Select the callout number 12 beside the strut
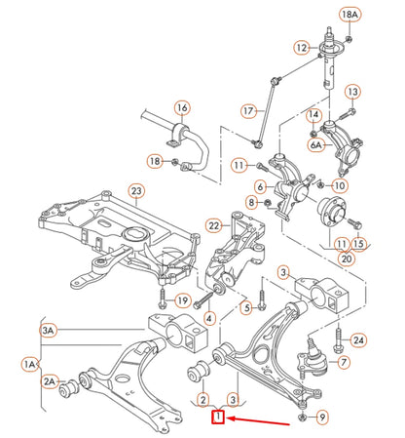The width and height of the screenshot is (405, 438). tap(302, 47)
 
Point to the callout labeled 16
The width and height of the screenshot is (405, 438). tap(181, 107)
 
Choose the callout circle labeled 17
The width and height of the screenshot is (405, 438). tap(247, 110)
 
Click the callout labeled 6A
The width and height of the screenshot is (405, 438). tap(315, 144)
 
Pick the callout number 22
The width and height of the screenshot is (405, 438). tap(215, 226)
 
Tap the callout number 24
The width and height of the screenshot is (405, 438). tap(359, 339)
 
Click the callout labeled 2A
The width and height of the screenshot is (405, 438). tap(50, 381)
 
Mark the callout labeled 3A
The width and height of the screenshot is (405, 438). tap(49, 331)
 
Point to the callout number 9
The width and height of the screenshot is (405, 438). tap(323, 418)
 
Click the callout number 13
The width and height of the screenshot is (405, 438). tap(352, 92)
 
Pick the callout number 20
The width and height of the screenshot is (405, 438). tap(347, 259)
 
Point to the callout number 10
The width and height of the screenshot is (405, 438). tap(339, 184)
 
